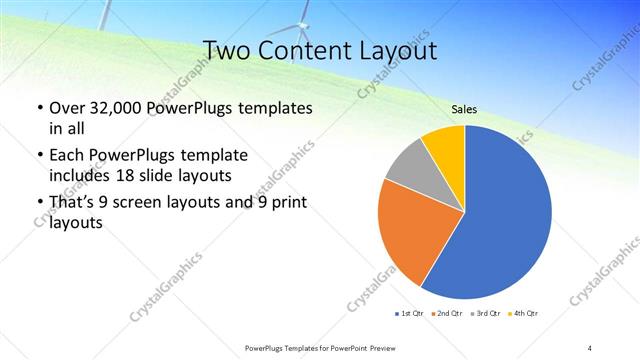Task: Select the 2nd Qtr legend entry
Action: point(447,315)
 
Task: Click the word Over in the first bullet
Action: point(68,107)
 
